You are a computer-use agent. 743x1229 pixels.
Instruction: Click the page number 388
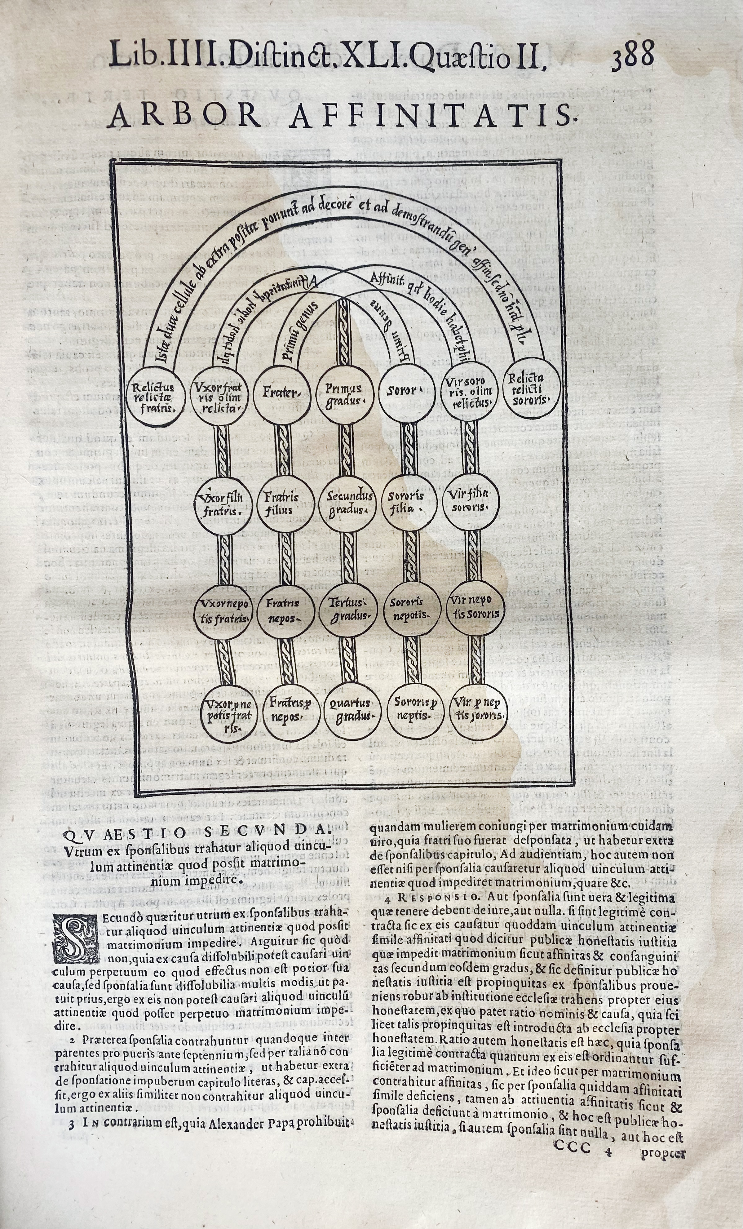pos(633,55)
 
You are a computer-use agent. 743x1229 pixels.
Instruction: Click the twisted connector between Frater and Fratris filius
pos(283,448)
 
